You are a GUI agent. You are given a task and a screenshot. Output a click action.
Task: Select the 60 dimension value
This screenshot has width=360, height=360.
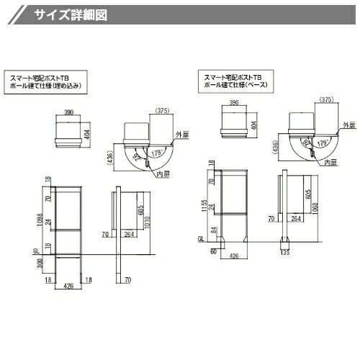click(214, 252)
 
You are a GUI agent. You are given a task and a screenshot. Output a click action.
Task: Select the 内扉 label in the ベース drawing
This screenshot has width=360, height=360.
click(332, 163)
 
